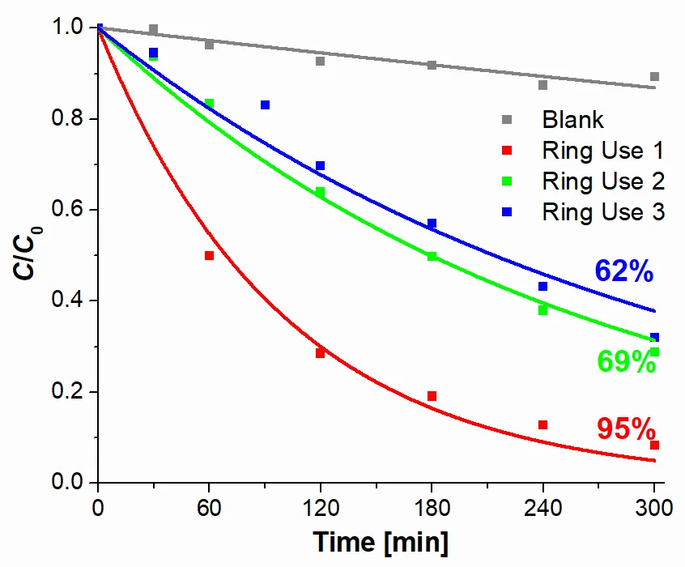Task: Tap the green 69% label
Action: pyautogui.click(x=627, y=361)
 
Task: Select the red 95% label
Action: pyautogui.click(x=625, y=427)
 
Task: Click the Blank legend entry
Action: pyautogui.click(x=572, y=120)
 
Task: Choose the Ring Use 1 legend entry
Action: pyautogui.click(x=603, y=151)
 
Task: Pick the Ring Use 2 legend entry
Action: pyautogui.click(x=603, y=181)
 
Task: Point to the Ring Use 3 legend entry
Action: pyautogui.click(x=603, y=212)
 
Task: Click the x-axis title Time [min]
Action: pyautogui.click(x=380, y=540)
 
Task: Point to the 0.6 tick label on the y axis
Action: pyautogui.click(x=64, y=210)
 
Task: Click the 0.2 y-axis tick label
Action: pyautogui.click(x=64, y=392)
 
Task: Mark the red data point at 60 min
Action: pyautogui.click(x=209, y=255)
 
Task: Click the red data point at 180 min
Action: pyautogui.click(x=432, y=396)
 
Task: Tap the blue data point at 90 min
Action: pyautogui.click(x=265, y=104)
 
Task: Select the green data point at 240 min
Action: pyautogui.click(x=542, y=310)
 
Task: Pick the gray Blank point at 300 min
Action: pyautogui.click(x=654, y=77)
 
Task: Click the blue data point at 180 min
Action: pyautogui.click(x=432, y=223)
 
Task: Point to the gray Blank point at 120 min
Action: pyautogui.click(x=320, y=61)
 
